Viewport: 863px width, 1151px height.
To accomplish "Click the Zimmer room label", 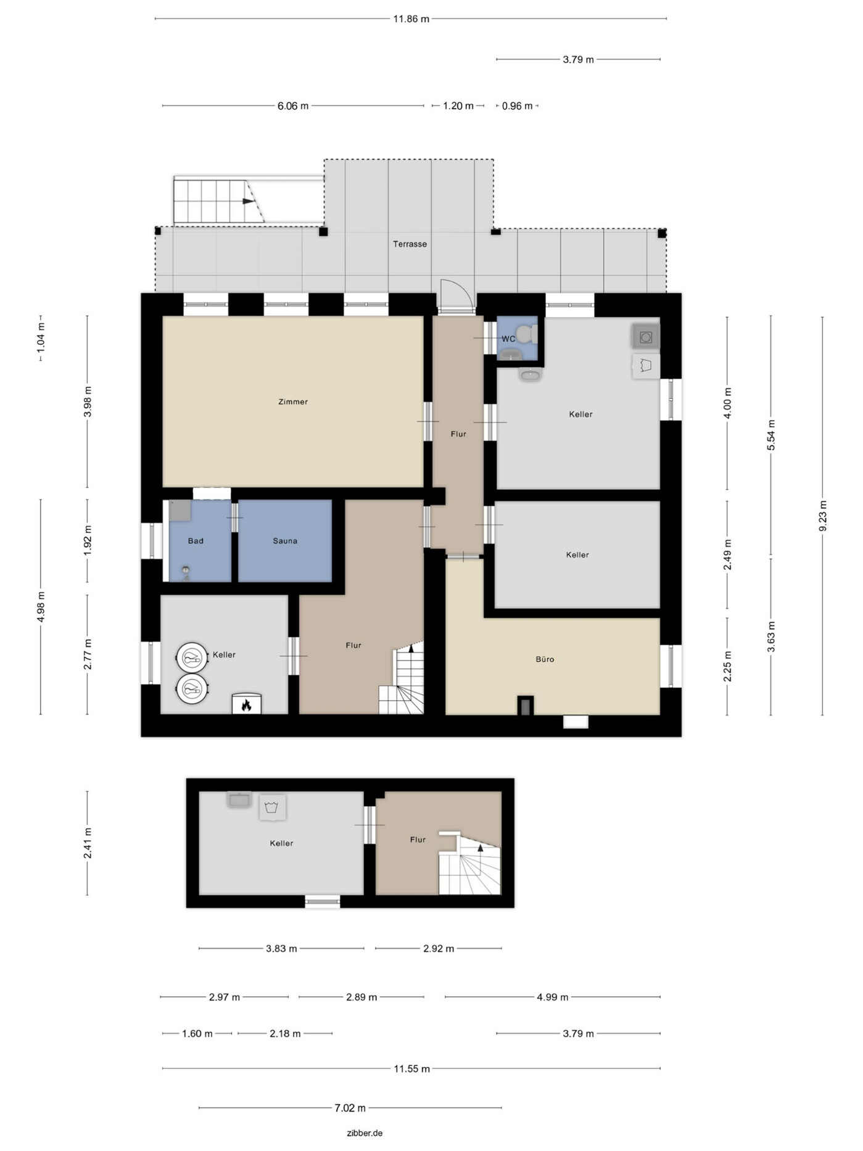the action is pos(293,402).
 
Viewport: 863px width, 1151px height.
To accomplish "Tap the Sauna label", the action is pos(285,541).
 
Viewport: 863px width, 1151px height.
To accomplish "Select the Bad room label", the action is pos(196,541).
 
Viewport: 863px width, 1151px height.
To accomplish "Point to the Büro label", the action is pos(545,659).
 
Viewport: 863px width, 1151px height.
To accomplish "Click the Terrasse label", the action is pos(410,244).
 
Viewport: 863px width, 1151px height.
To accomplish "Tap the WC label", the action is pos(508,339).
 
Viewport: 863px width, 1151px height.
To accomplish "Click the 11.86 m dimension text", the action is pos(411,19).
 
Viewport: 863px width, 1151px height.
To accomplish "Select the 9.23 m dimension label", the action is pos(822,516).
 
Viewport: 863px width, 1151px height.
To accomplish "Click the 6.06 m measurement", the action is pos(293,106).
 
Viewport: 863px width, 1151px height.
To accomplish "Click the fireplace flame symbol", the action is pos(246,704).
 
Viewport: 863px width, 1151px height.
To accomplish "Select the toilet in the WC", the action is pos(526,334).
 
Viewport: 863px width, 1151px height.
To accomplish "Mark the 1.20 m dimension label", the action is pos(458,106).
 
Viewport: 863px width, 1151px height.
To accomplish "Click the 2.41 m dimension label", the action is pos(88,843).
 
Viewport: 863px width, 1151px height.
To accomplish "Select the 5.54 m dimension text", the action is pos(771,435).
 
